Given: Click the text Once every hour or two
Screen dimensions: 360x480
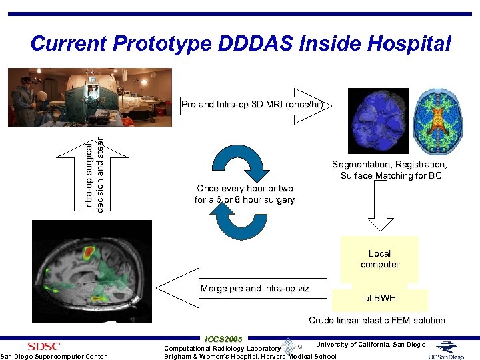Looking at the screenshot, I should coord(244,189).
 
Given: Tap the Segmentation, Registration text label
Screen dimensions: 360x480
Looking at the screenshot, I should coord(390,165).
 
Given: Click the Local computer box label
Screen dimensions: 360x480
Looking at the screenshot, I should coord(379,259).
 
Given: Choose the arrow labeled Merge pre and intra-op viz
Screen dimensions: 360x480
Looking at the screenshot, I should coord(243,288).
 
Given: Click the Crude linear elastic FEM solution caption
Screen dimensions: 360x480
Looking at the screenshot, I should coord(377,321).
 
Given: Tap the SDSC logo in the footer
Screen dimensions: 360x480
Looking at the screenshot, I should coord(43,346).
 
